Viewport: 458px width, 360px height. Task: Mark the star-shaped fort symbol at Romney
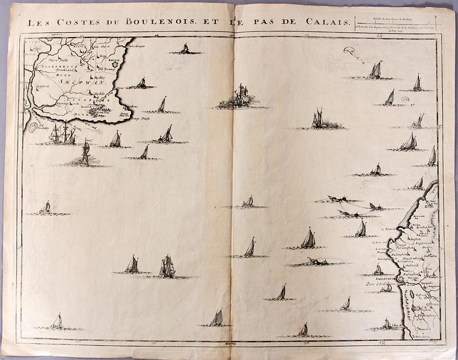click(x=123, y=60)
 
